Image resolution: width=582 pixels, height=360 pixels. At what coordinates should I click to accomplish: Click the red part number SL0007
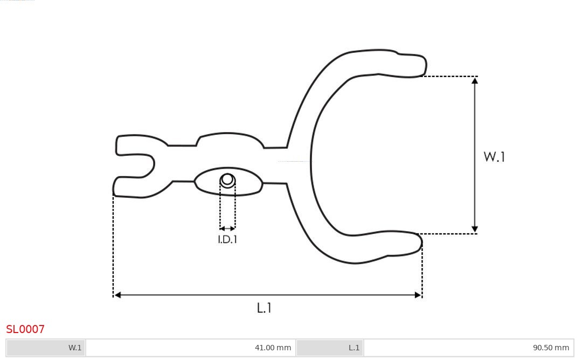25,329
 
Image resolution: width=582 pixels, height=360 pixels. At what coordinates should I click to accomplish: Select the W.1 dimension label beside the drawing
494,157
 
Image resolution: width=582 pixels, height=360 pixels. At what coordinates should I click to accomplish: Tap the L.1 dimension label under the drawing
264,308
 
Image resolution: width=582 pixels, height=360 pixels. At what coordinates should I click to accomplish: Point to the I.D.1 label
227,240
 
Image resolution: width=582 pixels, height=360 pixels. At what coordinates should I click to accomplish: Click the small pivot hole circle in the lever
227,179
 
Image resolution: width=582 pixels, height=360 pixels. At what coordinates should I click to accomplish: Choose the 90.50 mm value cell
468,348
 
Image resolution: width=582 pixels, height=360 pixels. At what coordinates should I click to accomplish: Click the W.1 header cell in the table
46,348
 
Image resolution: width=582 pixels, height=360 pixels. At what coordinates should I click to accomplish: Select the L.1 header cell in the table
330,348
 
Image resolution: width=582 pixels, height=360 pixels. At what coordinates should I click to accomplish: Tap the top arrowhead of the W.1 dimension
475,80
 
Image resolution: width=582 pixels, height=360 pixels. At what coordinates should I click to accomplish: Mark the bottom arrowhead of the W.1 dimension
475,230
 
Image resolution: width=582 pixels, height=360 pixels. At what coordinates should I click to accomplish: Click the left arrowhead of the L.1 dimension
117,295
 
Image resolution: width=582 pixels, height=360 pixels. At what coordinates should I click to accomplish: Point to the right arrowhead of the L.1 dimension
418,295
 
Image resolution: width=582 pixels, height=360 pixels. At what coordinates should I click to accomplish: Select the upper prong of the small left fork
129,145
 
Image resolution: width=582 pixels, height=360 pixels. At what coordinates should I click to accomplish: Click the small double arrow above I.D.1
227,229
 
